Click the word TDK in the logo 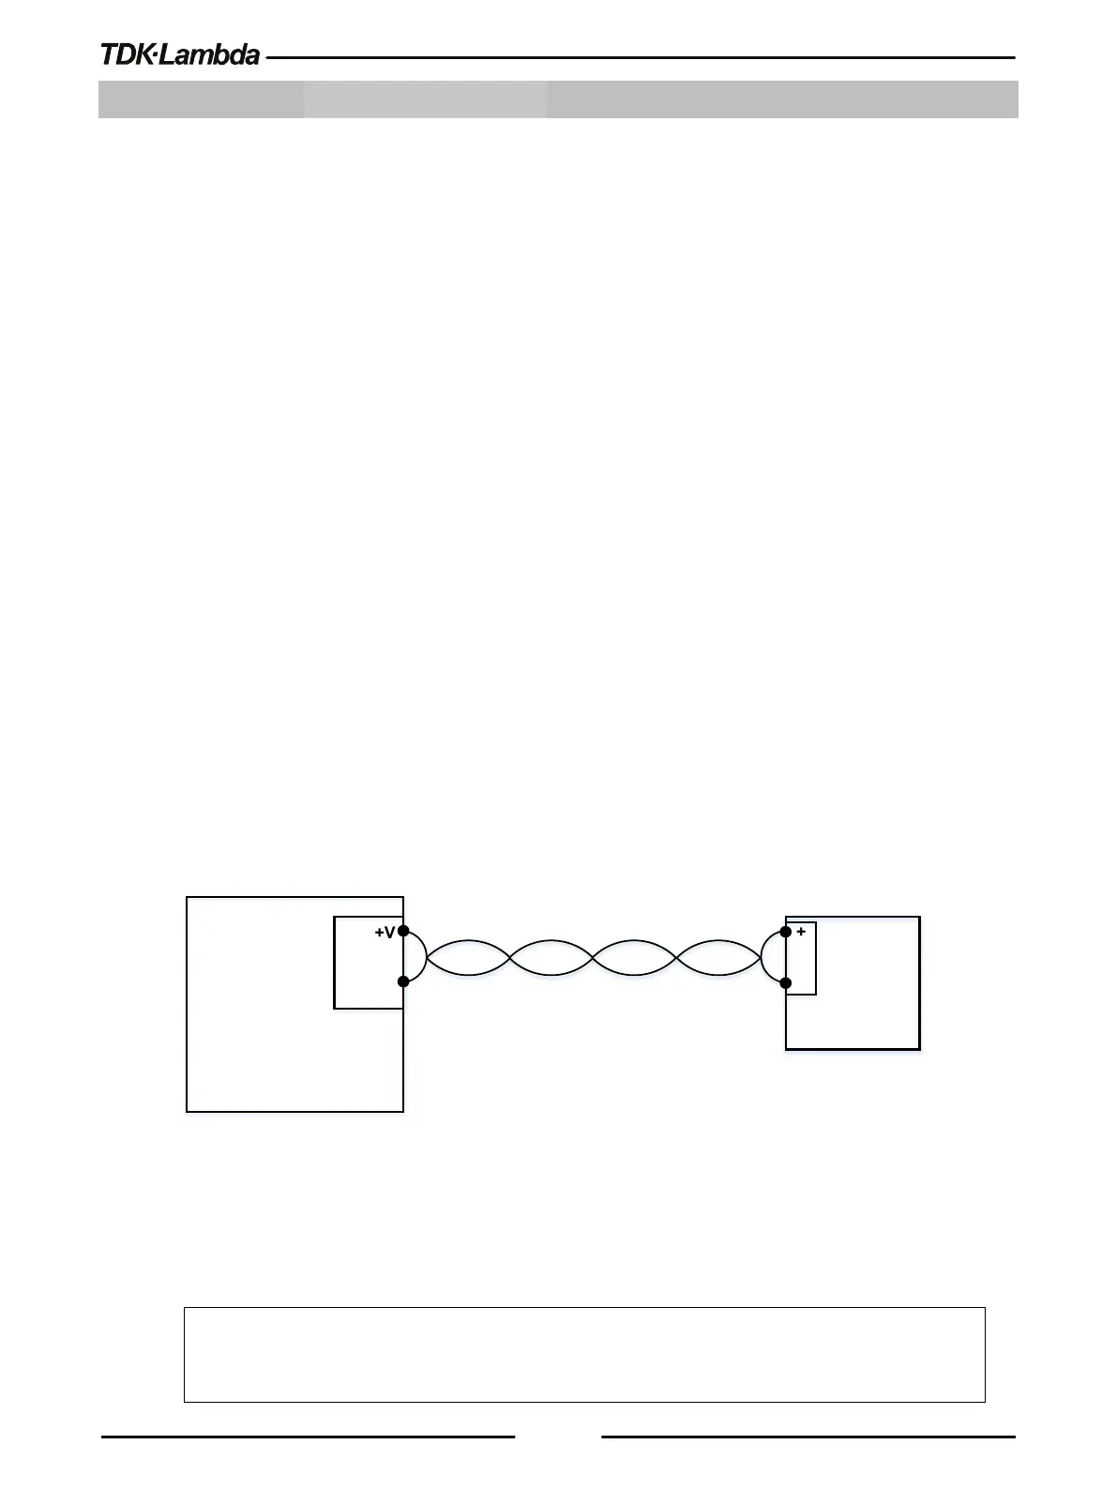point(126,55)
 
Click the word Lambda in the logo point(209,55)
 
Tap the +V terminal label point(385,933)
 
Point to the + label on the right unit point(801,932)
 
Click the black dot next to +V point(403,931)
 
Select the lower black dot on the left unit point(403,981)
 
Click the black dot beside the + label point(786,932)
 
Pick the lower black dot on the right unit point(786,983)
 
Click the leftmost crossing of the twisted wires point(510,958)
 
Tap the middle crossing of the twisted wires point(593,958)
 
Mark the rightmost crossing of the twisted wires point(676,958)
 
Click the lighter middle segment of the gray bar point(425,99)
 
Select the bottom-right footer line point(808,1436)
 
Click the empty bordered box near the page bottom point(583,1354)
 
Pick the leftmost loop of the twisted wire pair point(468,958)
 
